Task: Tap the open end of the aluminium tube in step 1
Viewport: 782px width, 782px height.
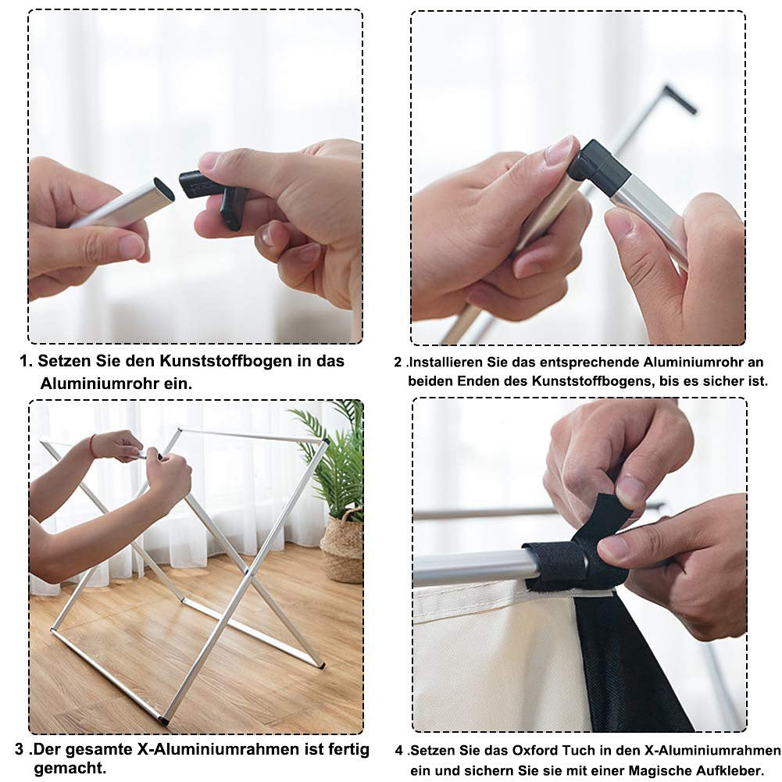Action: click(x=164, y=190)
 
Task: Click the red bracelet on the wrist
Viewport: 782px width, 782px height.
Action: click(x=92, y=445)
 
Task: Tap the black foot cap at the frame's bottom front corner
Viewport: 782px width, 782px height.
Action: click(x=162, y=720)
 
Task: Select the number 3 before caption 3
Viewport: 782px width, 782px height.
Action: click(x=20, y=749)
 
